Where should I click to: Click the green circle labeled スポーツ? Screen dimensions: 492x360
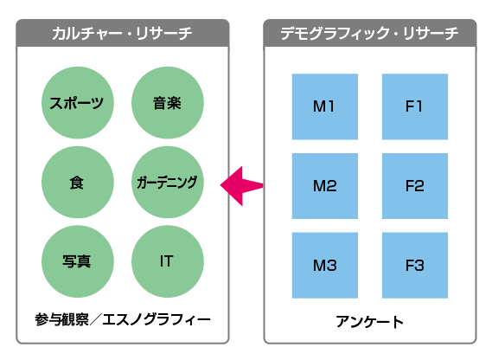tap(78, 103)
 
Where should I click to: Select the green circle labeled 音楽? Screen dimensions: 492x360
tap(168, 103)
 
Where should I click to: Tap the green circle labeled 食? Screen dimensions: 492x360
tap(78, 183)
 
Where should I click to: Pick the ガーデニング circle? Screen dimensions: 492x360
tap(168, 183)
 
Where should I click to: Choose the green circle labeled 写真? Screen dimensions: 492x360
tap(78, 261)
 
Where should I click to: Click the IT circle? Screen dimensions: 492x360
tap(168, 261)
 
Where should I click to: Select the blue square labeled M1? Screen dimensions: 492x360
tap(325, 106)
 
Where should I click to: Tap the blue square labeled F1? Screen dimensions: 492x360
tap(415, 106)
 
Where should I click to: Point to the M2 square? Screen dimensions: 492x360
tap(325, 186)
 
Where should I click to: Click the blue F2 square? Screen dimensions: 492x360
tap(415, 186)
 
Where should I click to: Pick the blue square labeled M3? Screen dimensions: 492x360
tap(325, 265)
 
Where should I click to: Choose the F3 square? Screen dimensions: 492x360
tap(415, 265)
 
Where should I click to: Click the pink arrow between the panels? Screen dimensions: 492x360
tap(241, 186)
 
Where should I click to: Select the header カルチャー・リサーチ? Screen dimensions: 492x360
tap(122, 33)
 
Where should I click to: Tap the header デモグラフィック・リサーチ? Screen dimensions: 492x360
tap(369, 33)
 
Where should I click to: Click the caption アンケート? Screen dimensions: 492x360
tap(369, 322)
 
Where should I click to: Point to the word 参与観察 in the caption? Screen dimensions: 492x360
tap(61, 320)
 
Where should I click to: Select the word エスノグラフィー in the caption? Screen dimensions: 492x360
tap(157, 320)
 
